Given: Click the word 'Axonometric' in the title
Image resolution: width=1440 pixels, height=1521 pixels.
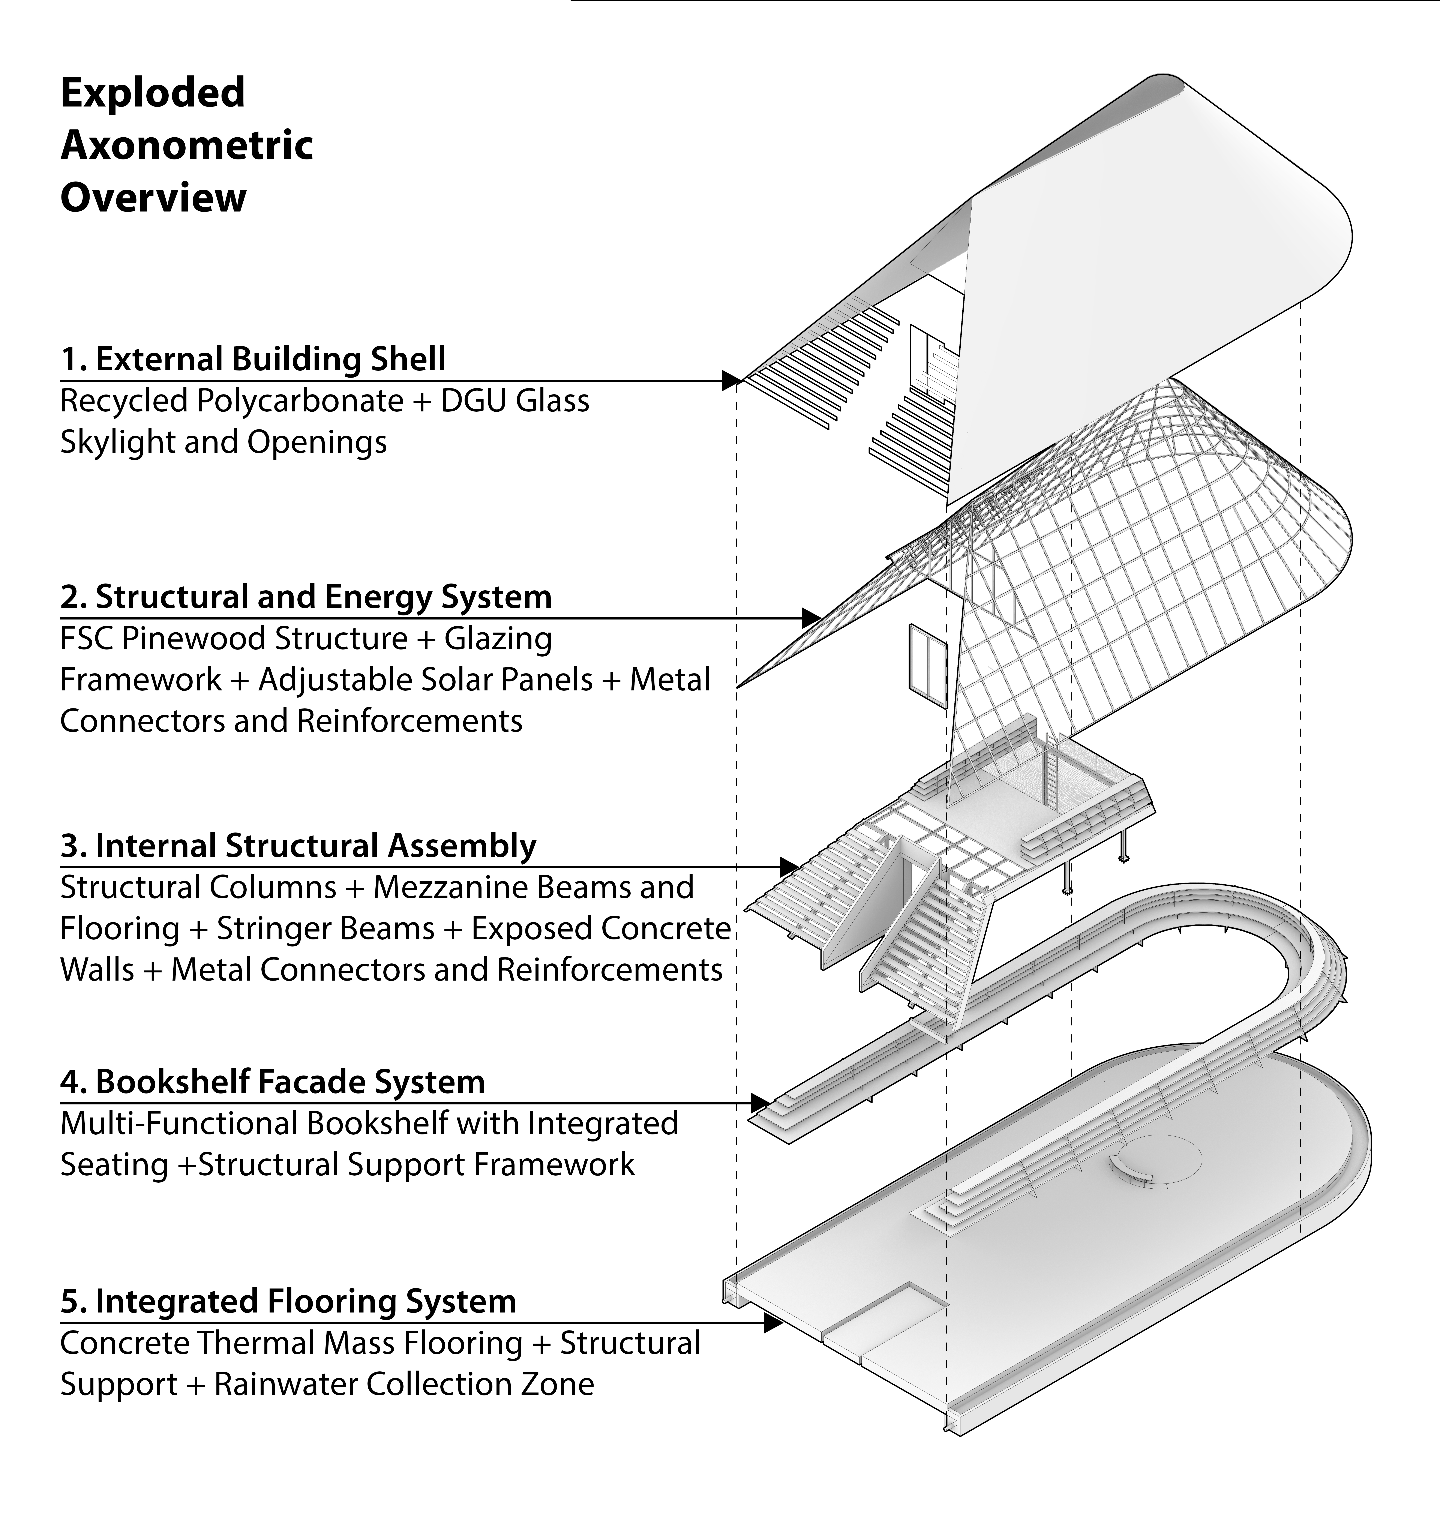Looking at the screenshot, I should click(186, 145).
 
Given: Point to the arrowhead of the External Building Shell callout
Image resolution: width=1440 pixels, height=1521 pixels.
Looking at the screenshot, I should click(731, 380).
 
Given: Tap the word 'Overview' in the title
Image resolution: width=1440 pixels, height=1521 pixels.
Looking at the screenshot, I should click(153, 198).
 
